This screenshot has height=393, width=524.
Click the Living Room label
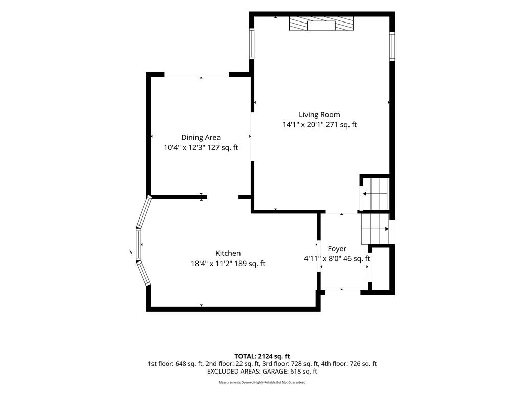tap(319, 115)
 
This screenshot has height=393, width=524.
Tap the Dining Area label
tap(201, 137)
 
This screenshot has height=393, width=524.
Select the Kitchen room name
tap(228, 253)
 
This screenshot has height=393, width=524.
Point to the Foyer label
tap(337, 249)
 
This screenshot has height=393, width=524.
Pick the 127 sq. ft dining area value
tap(223, 147)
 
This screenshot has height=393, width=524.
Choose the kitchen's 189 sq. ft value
tap(250, 264)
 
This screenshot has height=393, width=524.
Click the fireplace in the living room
tap(321, 24)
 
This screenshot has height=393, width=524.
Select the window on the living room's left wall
tap(252, 44)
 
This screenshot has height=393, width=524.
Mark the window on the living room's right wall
tap(392, 47)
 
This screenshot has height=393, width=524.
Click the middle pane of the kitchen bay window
tap(138, 244)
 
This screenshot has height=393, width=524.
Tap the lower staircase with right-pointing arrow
tap(375, 229)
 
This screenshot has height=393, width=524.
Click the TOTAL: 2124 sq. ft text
tap(262, 356)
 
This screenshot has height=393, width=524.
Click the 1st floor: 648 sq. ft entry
tap(176, 364)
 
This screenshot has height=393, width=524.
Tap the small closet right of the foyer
tap(381, 269)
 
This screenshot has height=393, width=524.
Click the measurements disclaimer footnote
tap(262, 382)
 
